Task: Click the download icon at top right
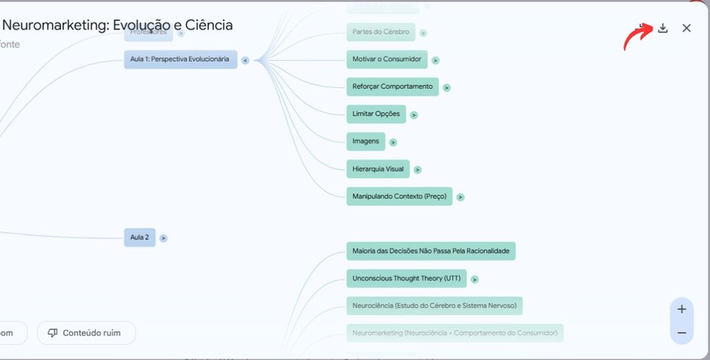(662, 28)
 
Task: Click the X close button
(686, 28)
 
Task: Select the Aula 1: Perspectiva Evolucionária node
(180, 59)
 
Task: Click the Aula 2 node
(139, 237)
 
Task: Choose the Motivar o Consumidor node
(387, 59)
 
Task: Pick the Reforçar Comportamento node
(393, 87)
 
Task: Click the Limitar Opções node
(376, 114)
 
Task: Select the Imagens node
(366, 141)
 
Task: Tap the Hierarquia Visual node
(378, 169)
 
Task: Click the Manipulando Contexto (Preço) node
(399, 196)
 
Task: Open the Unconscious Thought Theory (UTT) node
(406, 278)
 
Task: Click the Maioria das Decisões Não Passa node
(431, 251)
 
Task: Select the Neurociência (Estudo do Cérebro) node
(434, 306)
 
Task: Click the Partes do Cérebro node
(381, 32)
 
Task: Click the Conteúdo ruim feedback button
(86, 333)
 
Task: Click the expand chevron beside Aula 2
(163, 238)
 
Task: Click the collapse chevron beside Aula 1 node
(245, 61)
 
